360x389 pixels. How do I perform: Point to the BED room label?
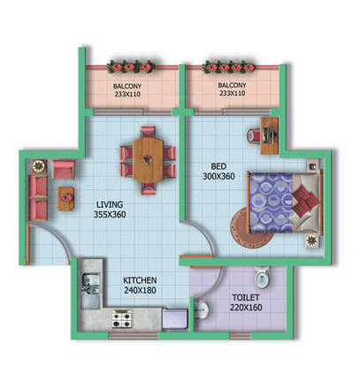(x=218, y=164)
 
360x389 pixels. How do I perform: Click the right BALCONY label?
(x=232, y=86)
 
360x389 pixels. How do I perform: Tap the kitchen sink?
(x=88, y=284)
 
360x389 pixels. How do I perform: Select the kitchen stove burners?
(x=120, y=317)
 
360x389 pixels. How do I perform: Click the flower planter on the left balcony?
(x=132, y=67)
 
